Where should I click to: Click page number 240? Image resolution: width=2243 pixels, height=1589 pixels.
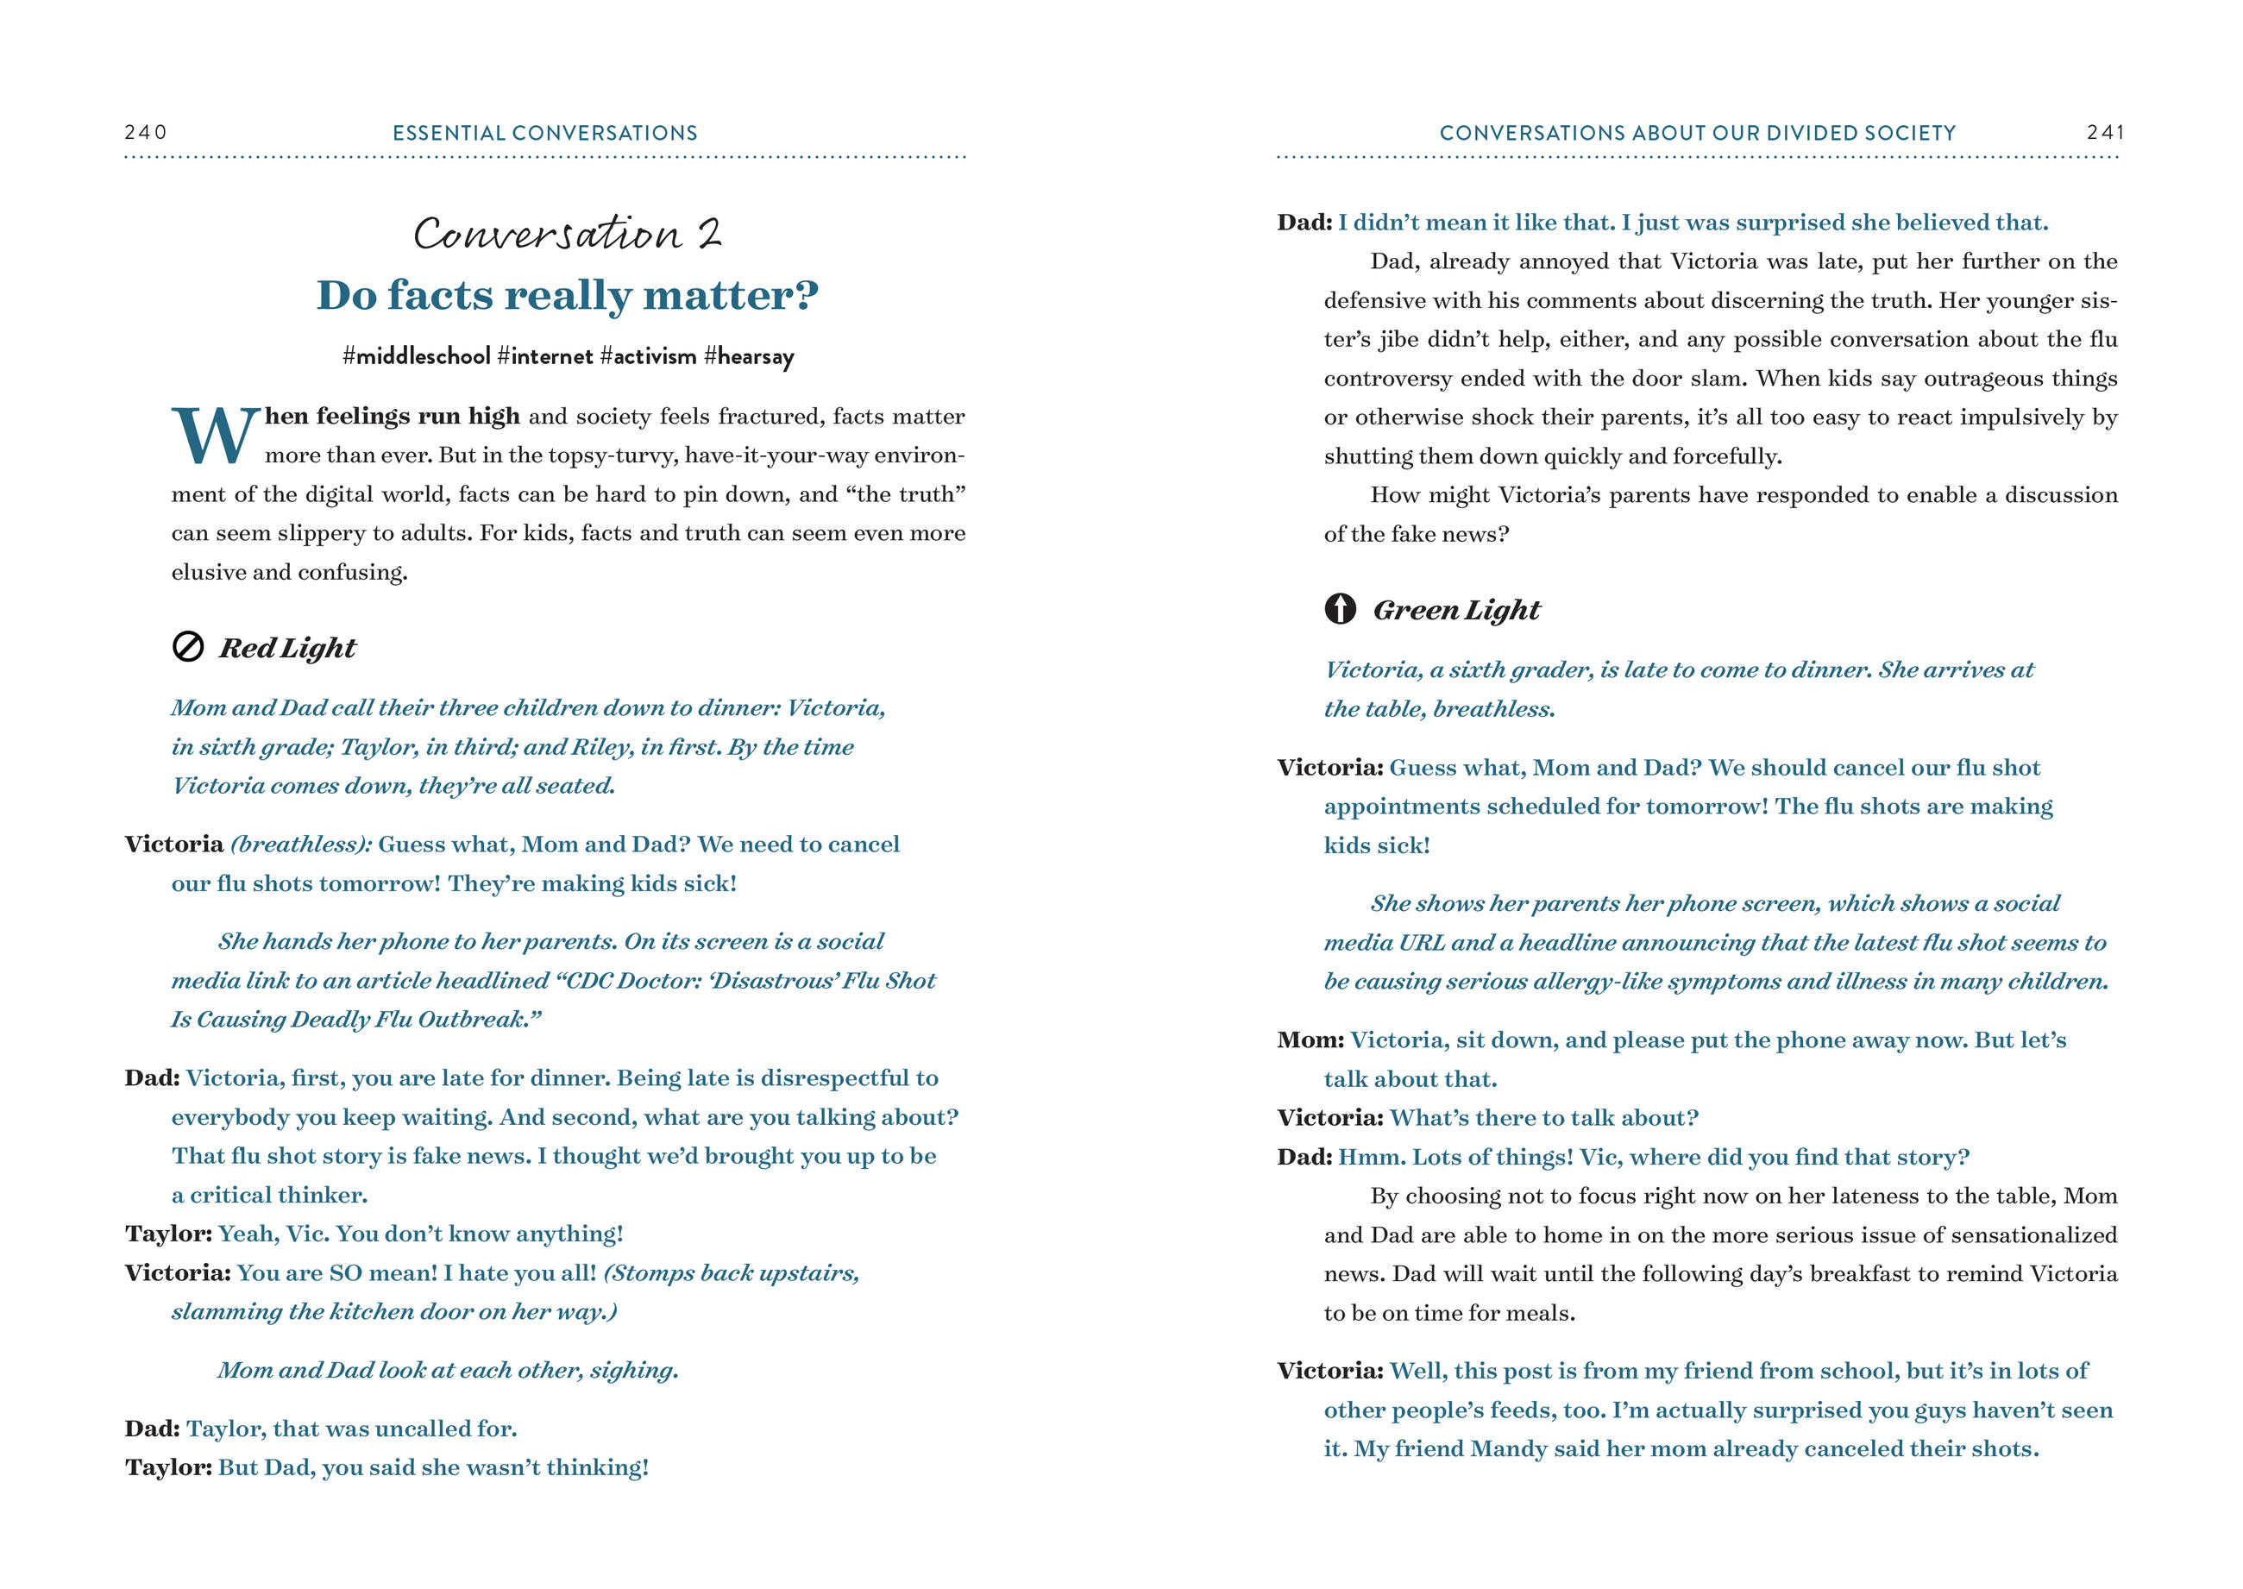pos(146,132)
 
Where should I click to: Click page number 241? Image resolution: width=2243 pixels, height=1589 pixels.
pos(2104,132)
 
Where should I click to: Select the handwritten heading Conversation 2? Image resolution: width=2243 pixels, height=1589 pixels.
pos(568,234)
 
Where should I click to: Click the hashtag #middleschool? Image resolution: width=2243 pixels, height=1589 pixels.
pos(416,356)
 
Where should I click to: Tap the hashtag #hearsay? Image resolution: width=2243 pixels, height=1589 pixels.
pos(749,356)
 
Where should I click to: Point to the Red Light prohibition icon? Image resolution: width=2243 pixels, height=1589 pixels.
pos(188,647)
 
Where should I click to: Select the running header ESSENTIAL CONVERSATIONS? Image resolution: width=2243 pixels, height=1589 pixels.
pos(545,133)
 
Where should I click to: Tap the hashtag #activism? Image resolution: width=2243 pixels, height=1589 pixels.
pos(648,356)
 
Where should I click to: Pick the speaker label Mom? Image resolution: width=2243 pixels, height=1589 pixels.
pos(1310,1040)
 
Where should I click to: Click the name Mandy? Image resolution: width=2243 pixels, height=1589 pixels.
pos(1506,1449)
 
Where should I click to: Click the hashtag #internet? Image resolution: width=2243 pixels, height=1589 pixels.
pos(545,356)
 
